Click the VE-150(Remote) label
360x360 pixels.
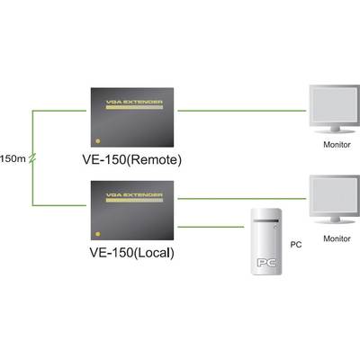pos(132,160)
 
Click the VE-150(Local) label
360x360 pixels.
pos(132,253)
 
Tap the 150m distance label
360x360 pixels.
pos(13,158)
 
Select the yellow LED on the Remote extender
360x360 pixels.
pos(97,141)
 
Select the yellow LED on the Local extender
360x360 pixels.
pos(97,234)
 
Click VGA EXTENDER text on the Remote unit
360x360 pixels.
pos(134,102)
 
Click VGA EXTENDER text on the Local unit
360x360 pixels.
pos(134,195)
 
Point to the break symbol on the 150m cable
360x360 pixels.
pos(32,158)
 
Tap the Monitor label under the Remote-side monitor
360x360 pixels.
pos(337,145)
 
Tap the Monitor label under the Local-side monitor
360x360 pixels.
pos(337,238)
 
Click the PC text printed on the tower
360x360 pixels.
pos(266,263)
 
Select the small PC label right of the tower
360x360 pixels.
pos(296,245)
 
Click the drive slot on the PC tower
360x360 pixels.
pos(265,221)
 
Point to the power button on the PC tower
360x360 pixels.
pos(275,228)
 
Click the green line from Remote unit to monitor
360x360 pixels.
pos(242,111)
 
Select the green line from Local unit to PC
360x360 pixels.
pos(211,227)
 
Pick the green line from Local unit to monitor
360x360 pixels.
pos(242,199)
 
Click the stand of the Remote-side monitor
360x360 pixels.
pos(335,130)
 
